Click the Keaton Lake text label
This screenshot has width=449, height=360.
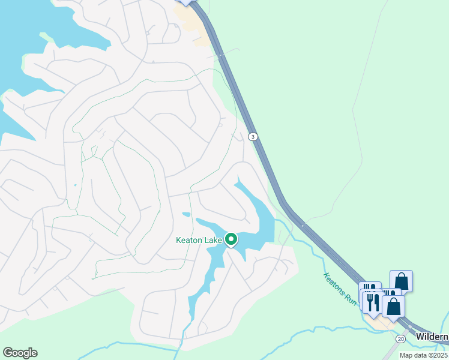pyautogui.click(x=199, y=241)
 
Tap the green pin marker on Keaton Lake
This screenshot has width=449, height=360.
pyautogui.click(x=231, y=239)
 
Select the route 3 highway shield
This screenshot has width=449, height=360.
pyautogui.click(x=254, y=137)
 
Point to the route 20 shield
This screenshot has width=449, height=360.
pyautogui.click(x=401, y=340)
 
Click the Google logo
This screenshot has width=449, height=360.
pyautogui.click(x=20, y=353)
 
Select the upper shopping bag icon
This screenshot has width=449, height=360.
pyautogui.click(x=401, y=281)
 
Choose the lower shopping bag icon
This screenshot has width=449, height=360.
pyautogui.click(x=393, y=306)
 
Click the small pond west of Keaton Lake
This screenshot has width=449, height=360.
pyautogui.click(x=186, y=214)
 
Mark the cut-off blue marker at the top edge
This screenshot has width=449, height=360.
pyautogui.click(x=185, y=2)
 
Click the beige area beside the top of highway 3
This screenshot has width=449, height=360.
pyautogui.click(x=198, y=27)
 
